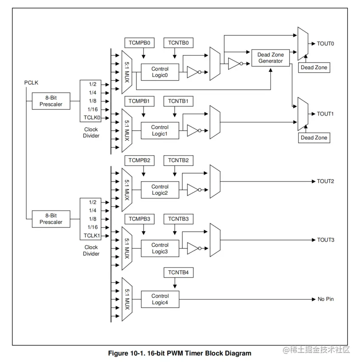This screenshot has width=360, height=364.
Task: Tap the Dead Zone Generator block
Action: (x=270, y=58)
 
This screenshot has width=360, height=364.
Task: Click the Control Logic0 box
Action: (x=160, y=72)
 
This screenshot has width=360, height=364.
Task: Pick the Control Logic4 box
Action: (x=160, y=299)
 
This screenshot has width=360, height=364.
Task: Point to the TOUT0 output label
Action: (x=326, y=44)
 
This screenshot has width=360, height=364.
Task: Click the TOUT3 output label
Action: (x=326, y=240)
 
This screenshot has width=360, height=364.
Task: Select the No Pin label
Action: (x=326, y=299)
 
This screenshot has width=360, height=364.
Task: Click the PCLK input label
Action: (x=31, y=82)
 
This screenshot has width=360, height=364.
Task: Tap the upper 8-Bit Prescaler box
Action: (x=51, y=101)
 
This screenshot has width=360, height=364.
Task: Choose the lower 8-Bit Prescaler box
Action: (x=51, y=219)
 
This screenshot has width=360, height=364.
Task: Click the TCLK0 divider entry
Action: (x=92, y=117)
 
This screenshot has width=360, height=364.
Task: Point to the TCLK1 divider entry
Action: (x=92, y=235)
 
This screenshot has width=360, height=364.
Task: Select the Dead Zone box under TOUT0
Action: (x=314, y=68)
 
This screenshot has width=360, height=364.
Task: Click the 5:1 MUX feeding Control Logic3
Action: (x=127, y=248)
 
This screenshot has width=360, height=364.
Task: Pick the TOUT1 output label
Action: (x=326, y=114)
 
